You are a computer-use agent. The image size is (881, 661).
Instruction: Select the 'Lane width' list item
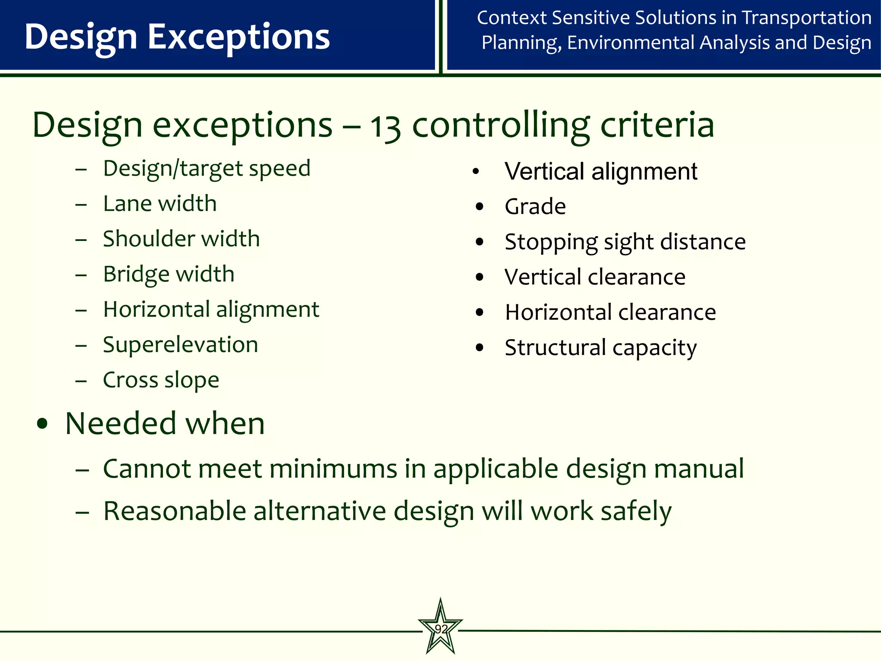coord(160,204)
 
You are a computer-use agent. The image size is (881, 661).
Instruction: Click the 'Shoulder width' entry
coord(181,239)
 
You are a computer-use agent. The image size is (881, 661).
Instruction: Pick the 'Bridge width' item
coord(169,275)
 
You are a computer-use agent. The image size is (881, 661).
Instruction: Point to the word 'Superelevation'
coord(180,345)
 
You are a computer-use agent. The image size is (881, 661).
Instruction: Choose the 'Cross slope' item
coord(161,380)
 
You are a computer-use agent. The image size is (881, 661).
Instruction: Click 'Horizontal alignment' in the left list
coord(211,309)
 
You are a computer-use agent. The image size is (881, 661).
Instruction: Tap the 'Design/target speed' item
coord(206,168)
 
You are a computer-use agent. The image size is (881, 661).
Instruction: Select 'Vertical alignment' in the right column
coord(601,172)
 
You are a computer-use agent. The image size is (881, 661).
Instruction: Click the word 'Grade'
coord(535,207)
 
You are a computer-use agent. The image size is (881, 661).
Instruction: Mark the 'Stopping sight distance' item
coord(625,242)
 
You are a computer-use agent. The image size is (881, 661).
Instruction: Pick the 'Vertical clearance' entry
coord(595,277)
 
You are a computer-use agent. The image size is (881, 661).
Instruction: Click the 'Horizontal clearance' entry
coord(610,312)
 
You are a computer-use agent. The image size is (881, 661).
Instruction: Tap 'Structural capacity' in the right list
coord(601,348)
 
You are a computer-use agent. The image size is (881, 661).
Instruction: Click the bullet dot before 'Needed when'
coord(42,424)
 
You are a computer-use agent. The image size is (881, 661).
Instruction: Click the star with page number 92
coord(440,628)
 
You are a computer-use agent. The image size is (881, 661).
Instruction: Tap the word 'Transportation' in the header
coord(807,18)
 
